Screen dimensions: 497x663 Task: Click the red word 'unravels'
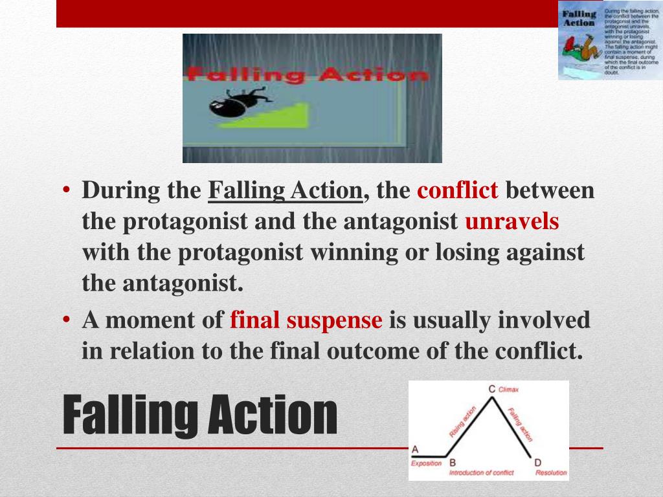[512, 222]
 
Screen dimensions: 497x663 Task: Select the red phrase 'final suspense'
[306, 320]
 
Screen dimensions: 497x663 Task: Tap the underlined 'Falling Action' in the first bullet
[285, 191]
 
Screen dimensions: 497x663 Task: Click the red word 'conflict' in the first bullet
[458, 191]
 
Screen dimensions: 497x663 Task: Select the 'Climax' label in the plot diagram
[509, 390]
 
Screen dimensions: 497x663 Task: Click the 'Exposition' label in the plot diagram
[427, 463]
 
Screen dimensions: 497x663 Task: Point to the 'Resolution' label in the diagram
[551, 473]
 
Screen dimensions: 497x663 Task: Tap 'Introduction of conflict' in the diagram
[481, 473]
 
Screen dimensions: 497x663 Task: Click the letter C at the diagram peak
[492, 389]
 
